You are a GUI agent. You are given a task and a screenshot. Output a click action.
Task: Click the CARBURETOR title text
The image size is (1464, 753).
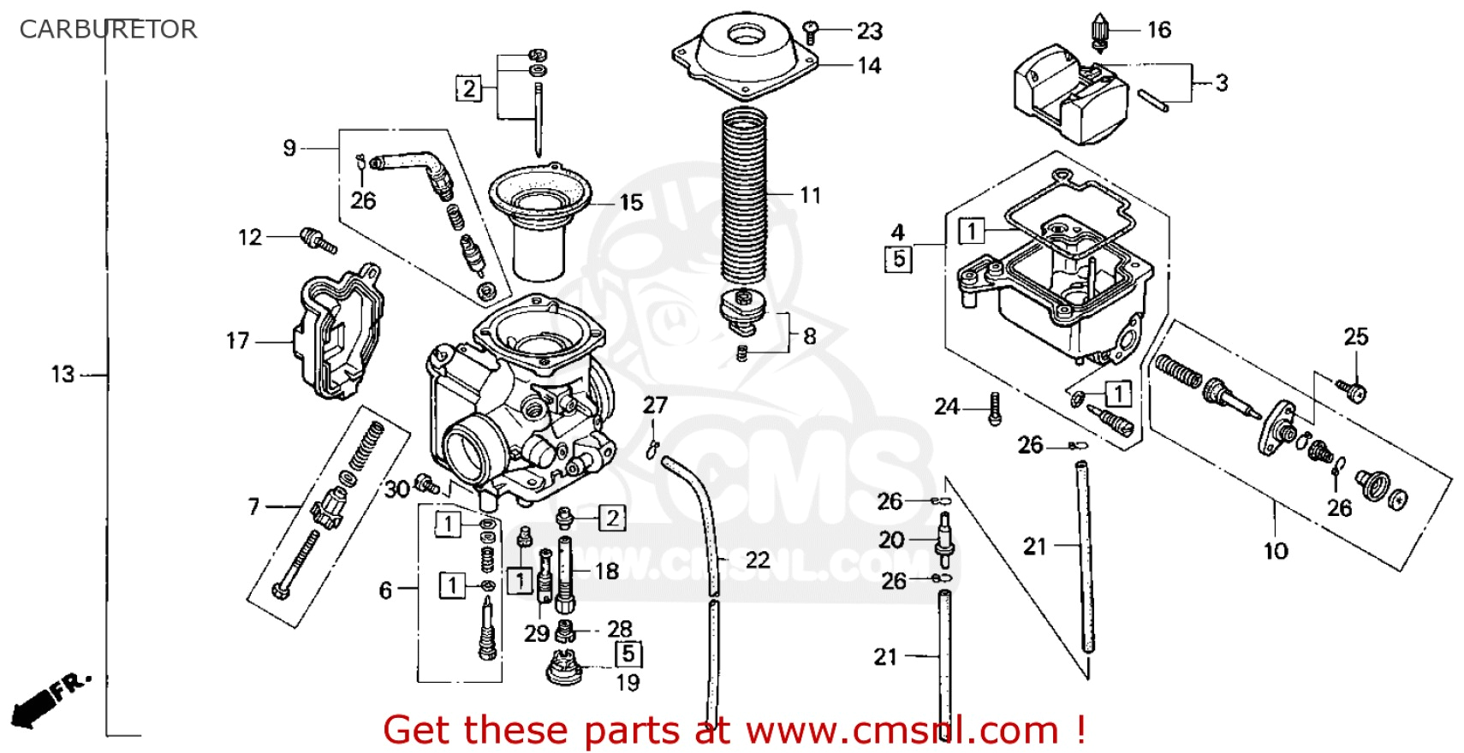pos(108,29)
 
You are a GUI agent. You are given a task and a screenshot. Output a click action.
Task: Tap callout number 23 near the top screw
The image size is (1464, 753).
pos(869,32)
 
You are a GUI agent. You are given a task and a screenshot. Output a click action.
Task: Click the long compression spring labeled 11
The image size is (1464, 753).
pos(743,197)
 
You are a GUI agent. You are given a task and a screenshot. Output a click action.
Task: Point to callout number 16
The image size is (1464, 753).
pos(1158,30)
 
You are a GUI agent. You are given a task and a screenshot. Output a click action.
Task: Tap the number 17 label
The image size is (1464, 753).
pos(237,341)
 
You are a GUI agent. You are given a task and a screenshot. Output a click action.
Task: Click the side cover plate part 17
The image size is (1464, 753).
pos(338,334)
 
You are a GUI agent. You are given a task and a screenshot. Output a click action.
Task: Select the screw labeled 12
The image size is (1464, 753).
pos(318,240)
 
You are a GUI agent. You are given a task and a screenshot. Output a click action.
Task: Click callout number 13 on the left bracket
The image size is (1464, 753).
pos(62,374)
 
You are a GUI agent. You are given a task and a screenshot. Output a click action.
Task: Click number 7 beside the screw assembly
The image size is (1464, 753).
pos(253,507)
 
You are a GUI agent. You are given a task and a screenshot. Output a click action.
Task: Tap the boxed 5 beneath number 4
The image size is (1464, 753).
pos(898,258)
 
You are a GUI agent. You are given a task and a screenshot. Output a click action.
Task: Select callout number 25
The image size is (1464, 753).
pos(1355,336)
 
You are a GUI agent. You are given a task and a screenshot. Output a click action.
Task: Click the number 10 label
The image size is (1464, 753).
pos(1275,550)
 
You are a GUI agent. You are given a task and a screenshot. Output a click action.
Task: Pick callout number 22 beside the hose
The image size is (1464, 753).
pos(757,560)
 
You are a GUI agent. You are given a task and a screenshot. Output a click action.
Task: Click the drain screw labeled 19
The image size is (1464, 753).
pos(564,667)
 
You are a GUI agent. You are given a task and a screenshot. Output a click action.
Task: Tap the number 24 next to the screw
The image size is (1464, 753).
pos(946,406)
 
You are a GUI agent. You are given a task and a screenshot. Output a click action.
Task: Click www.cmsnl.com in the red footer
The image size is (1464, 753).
pos(902,730)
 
